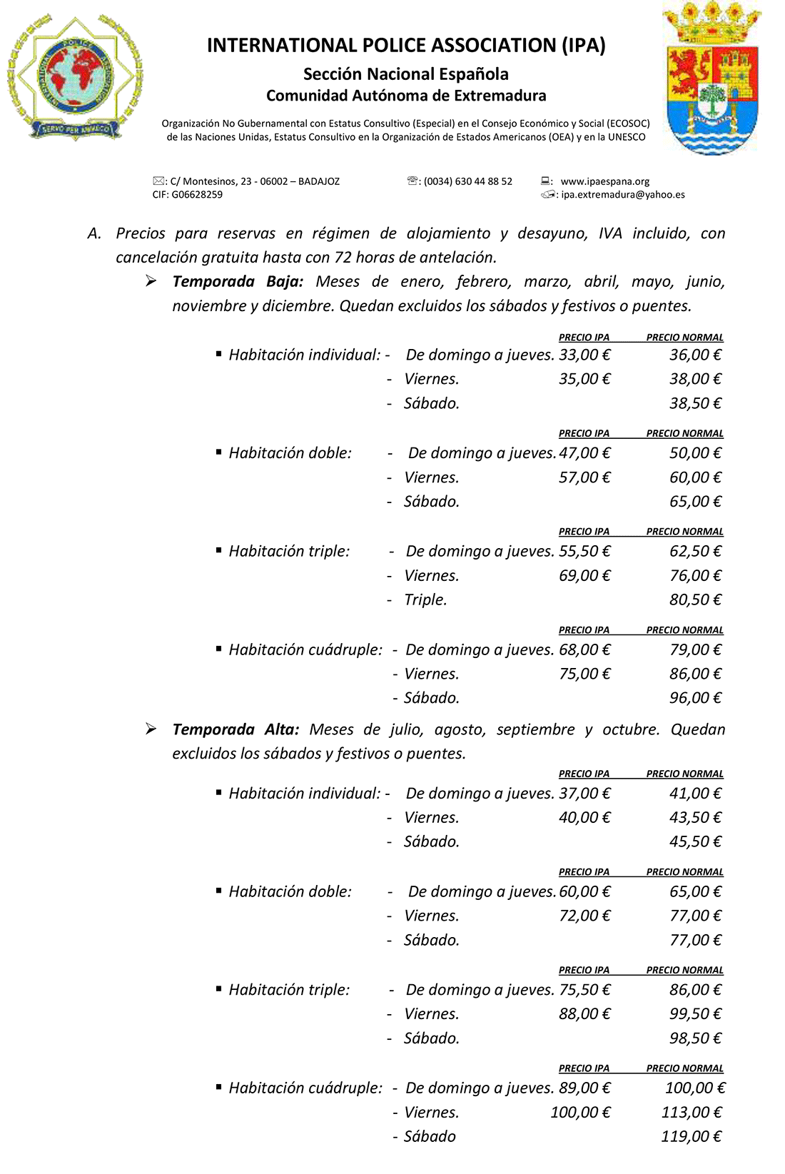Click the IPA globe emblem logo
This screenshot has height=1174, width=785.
[x=75, y=77]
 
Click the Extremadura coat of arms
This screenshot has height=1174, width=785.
[x=711, y=79]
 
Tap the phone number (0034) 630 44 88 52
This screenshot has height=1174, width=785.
[x=467, y=181]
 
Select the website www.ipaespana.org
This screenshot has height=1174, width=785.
[x=604, y=181]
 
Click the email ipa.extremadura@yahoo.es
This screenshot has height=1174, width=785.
[x=622, y=194]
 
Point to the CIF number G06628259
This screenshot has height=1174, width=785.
[x=196, y=194]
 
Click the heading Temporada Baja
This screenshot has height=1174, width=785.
[x=238, y=281]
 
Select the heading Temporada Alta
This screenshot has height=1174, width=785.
[x=235, y=729]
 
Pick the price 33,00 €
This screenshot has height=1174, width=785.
[x=584, y=355]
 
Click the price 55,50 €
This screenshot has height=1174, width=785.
[x=584, y=551]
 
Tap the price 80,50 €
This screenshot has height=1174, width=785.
[x=695, y=599]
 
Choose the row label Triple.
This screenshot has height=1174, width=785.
[x=425, y=599]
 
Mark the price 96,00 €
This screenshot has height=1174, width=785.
[x=695, y=698]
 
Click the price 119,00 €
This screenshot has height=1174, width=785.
[x=691, y=1136]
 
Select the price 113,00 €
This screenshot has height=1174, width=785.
[x=691, y=1112]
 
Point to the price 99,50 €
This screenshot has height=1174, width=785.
[x=695, y=1014]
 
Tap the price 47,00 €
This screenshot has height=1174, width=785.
[x=584, y=453]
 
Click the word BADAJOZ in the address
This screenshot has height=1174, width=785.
[x=318, y=181]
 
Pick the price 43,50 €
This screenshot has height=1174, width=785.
[x=695, y=818]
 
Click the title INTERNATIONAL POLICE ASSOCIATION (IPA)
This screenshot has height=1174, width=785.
[x=406, y=46]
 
